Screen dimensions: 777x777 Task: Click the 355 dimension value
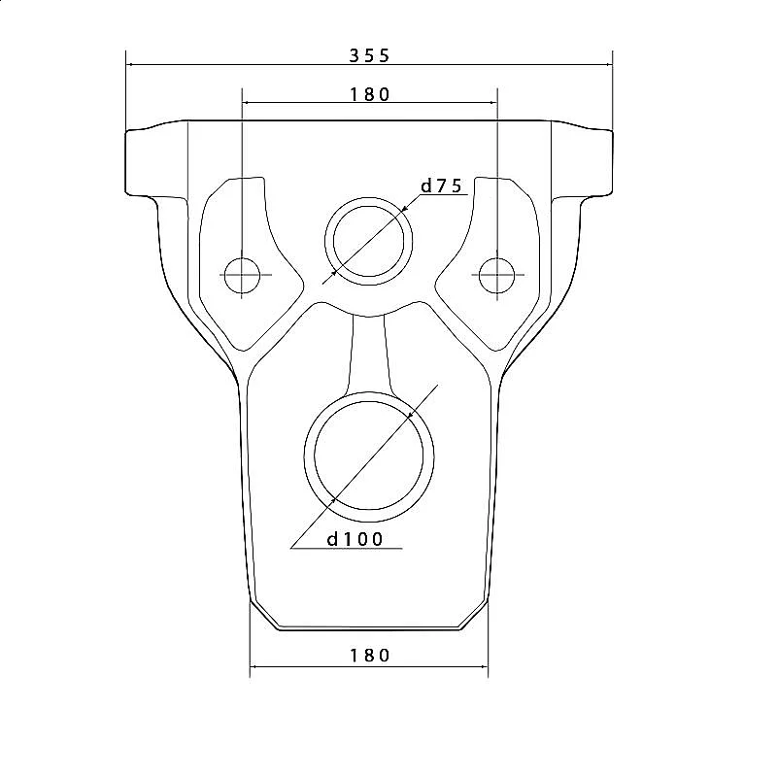tap(369, 55)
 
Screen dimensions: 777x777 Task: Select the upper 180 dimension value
tap(370, 94)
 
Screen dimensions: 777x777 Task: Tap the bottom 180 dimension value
tap(370, 656)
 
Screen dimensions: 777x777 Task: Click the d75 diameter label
tap(441, 186)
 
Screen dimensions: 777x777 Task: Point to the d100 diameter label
tap(355, 539)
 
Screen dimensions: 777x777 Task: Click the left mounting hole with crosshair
tap(242, 275)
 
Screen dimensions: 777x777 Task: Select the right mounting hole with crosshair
tap(497, 275)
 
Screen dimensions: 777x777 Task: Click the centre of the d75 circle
tap(369, 241)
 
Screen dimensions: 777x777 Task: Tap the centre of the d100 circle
tap(369, 456)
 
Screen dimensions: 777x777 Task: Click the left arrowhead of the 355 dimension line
tap(130, 64)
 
